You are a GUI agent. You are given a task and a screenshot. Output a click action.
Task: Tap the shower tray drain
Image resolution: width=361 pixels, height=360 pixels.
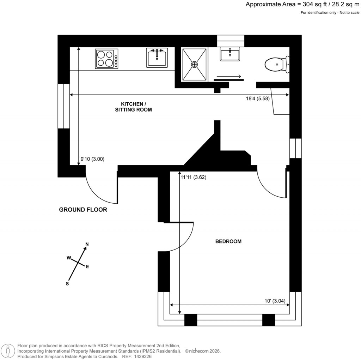pos(194,65)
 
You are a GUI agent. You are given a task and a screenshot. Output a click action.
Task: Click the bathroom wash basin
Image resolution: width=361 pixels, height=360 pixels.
pos(230,55)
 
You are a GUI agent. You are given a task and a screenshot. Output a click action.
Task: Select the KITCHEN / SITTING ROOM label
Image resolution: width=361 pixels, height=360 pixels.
pos(133,107)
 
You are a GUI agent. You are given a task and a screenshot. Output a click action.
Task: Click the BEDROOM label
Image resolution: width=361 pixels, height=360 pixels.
pos(228,241)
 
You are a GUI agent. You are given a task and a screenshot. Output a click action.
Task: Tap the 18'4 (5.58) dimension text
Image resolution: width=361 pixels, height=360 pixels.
pos(258,99)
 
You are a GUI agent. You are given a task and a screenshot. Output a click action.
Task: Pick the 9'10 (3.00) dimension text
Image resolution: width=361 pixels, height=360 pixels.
pos(92,159)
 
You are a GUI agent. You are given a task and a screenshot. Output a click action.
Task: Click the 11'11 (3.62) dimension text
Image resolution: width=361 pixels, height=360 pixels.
pos(193,178)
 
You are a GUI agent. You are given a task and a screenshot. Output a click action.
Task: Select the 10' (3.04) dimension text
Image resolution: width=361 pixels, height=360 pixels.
pos(277,301)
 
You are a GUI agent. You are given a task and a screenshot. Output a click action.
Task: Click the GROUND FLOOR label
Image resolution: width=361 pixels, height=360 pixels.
pos(83,210)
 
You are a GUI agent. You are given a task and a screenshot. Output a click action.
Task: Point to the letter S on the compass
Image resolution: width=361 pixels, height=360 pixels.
pos(67,283)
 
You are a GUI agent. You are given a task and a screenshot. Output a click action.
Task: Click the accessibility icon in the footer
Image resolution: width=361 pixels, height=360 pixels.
pos(8,350)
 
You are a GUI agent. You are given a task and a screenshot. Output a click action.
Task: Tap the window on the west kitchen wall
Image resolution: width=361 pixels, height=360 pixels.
pos(64,106)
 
